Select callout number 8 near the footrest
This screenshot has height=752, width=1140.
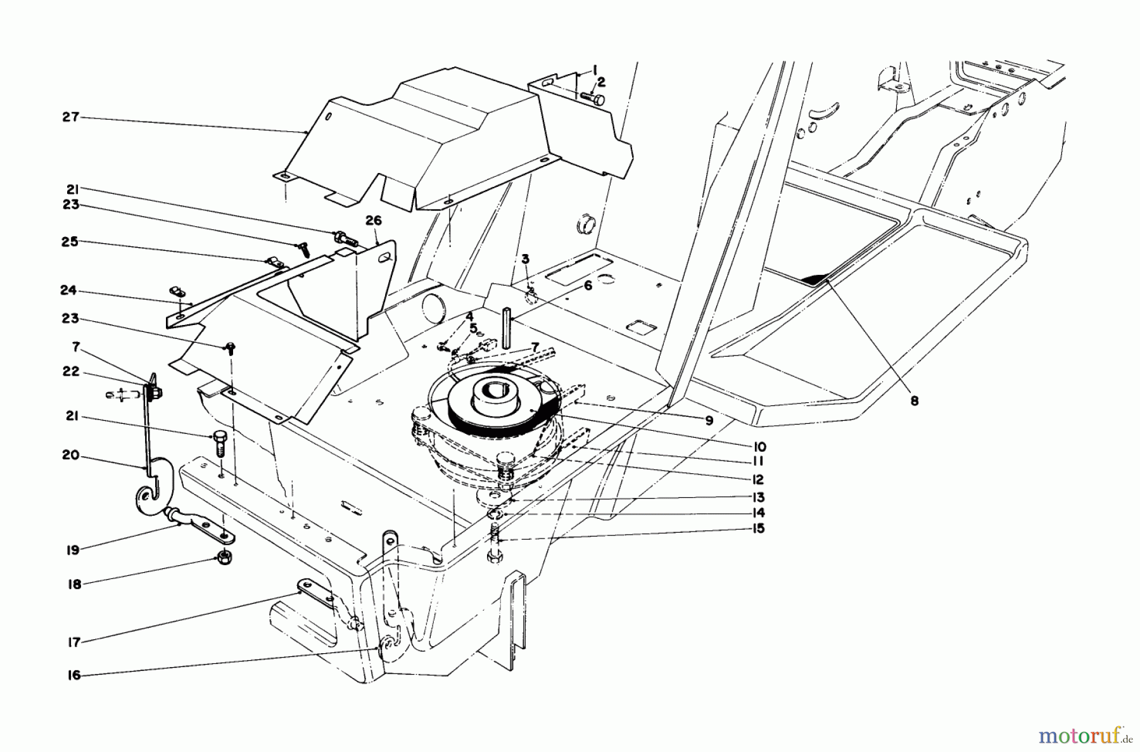pyautogui.click(x=914, y=400)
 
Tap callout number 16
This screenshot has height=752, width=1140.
pyautogui.click(x=74, y=675)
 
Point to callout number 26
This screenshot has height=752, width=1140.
pyautogui.click(x=374, y=220)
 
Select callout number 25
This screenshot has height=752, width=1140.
pyautogui.click(x=70, y=242)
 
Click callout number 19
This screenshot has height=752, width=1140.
pyautogui.click(x=73, y=550)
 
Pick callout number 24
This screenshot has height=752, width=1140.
pyautogui.click(x=68, y=290)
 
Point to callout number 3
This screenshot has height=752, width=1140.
pyautogui.click(x=525, y=258)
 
